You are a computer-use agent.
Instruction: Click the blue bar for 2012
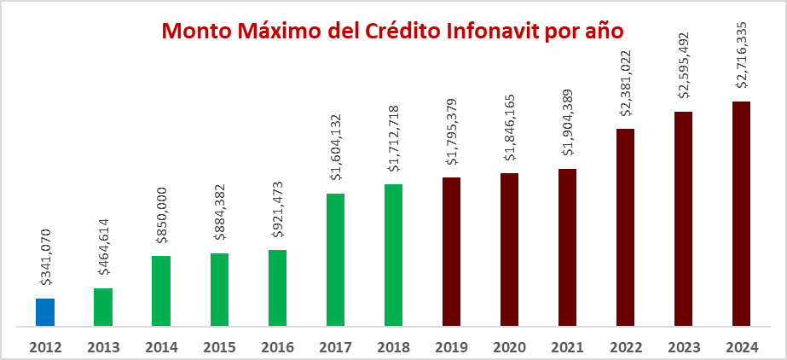45,312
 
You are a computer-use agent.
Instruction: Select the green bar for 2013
103,307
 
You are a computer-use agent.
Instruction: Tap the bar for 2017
335,259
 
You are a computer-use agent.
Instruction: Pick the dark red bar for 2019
452,252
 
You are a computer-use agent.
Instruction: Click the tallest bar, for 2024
742,213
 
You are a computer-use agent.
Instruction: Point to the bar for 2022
626,227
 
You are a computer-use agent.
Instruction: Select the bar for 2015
219,289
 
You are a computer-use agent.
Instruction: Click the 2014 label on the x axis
161,347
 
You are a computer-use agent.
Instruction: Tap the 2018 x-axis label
393,347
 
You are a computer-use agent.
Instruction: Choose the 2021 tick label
567,347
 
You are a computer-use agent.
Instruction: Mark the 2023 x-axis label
683,347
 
